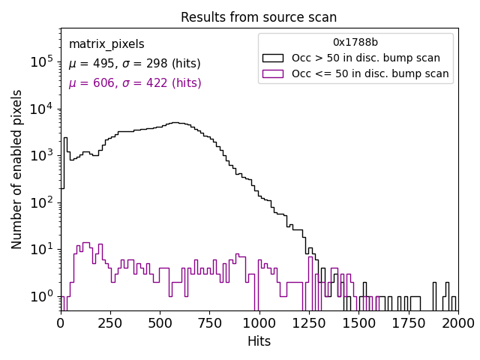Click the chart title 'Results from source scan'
(259, 17)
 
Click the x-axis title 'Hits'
(259, 341)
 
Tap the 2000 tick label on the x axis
(457, 322)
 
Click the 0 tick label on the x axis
(61, 322)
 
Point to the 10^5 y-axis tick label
(42, 61)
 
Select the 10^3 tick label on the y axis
(42, 155)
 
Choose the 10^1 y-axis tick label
(42, 249)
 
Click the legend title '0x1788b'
(355, 43)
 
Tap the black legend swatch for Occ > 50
(273, 58)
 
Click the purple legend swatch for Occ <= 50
(273, 73)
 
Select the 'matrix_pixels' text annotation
(106, 45)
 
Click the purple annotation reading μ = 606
(135, 83)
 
